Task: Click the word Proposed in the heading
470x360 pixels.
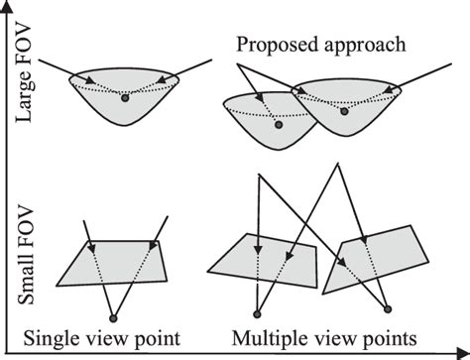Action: tap(271, 45)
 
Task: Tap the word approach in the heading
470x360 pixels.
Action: tap(347, 45)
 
